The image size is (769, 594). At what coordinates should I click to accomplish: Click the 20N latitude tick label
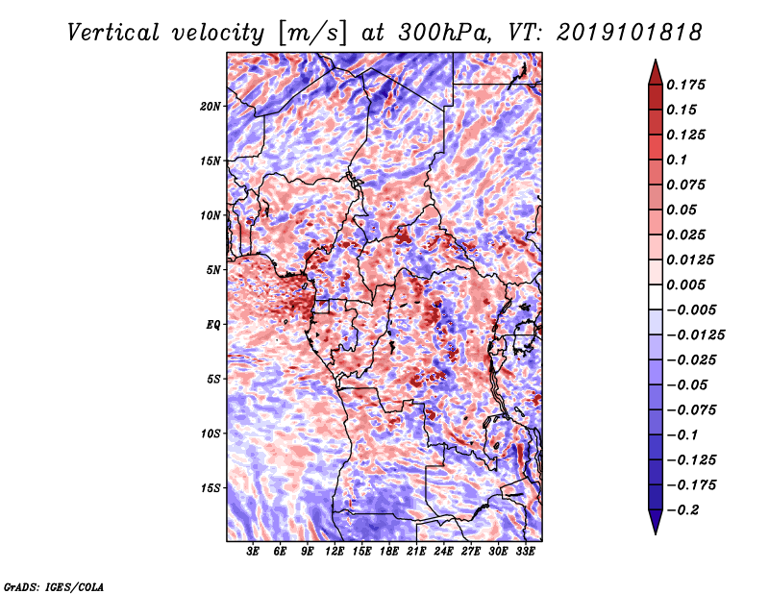pos(211,107)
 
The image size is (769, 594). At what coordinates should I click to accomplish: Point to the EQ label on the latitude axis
pos(213,325)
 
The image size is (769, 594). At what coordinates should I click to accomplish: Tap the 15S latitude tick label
pos(211,488)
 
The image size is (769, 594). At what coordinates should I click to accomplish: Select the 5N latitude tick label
pos(213,270)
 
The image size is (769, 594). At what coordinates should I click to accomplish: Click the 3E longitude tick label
pos(253,552)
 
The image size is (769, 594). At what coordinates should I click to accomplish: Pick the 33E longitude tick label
pos(525,552)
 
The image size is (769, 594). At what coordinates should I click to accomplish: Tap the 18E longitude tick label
pos(389,552)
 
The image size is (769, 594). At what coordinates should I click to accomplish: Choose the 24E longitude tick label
pos(443,552)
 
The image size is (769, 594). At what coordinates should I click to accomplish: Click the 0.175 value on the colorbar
pos(685,86)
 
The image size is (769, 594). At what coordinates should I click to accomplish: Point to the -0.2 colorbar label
pos(682,510)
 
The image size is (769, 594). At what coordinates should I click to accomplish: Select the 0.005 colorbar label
pos(685,285)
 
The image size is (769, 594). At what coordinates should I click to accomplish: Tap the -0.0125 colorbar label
pos(695,335)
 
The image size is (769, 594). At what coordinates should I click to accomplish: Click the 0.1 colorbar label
pos(677,160)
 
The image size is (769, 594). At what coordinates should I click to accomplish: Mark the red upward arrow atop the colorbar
pos(656,73)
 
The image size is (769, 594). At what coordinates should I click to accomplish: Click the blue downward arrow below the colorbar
pos(656,522)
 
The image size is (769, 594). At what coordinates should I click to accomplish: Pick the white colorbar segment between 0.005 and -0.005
pos(656,297)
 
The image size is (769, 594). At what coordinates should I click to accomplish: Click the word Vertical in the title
pos(113,33)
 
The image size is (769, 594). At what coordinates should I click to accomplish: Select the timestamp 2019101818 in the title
pos(630,33)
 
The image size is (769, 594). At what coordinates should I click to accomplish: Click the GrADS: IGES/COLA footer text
pos(54,587)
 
